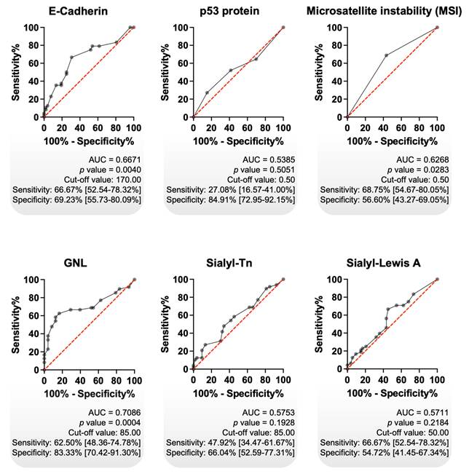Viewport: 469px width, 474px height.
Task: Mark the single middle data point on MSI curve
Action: click(x=386, y=55)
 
